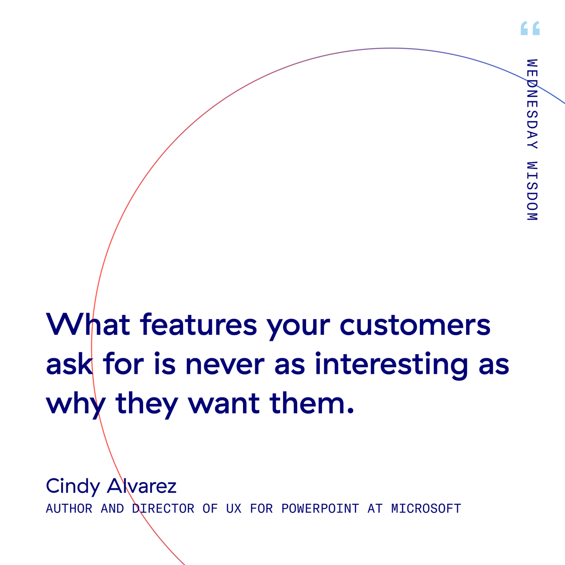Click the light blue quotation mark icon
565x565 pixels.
[530, 29]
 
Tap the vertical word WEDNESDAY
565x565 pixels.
[532, 104]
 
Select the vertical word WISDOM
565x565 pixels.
[532, 191]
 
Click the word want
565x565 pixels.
[224, 404]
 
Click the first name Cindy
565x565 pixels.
[73, 486]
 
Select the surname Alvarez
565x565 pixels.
[142, 485]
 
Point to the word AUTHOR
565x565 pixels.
[69, 509]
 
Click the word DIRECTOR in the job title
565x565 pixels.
[163, 509]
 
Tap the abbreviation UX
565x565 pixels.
[234, 509]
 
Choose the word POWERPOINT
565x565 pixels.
[320, 509]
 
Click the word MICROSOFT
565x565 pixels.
[426, 509]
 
